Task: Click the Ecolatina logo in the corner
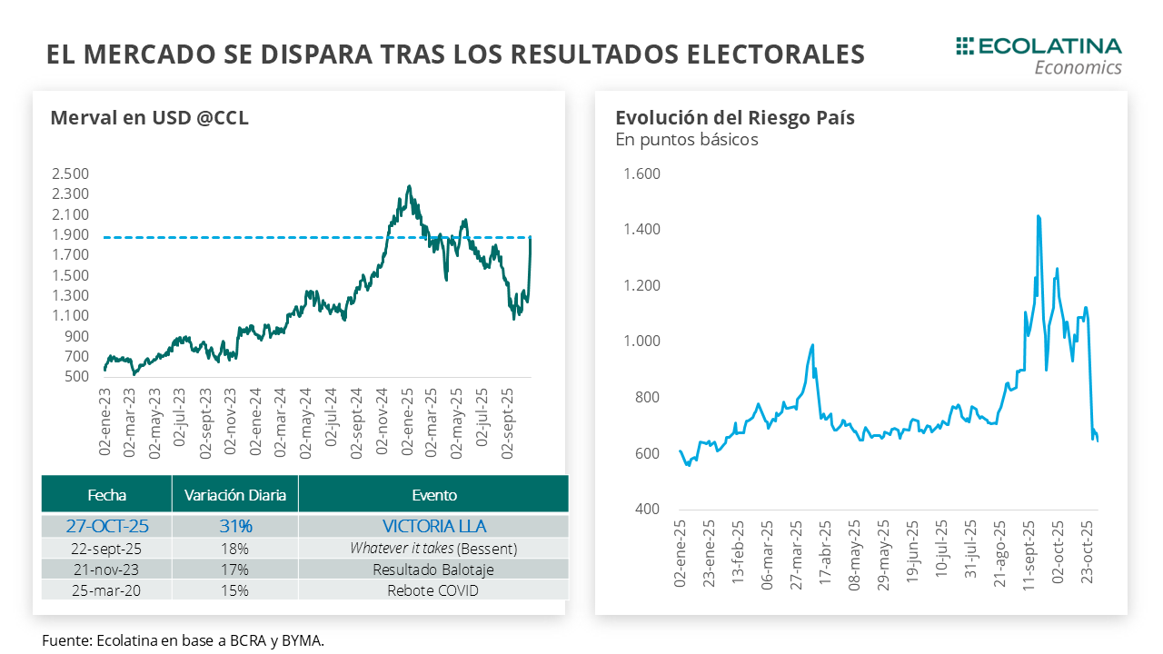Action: (1039, 55)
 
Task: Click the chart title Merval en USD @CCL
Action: (149, 118)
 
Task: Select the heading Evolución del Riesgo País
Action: (734, 118)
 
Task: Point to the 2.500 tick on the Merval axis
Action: (70, 173)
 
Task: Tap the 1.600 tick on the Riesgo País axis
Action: (641, 173)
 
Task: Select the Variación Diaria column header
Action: (234, 495)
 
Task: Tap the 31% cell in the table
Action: (234, 526)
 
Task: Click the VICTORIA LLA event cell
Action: (433, 526)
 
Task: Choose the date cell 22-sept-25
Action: (106, 549)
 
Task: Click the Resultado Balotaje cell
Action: (433, 570)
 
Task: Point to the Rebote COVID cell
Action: (433, 591)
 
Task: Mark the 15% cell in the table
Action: (234, 591)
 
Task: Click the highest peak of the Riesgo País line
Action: (1038, 216)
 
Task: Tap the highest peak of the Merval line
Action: (409, 186)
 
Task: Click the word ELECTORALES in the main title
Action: (773, 54)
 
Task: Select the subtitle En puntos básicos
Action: (686, 140)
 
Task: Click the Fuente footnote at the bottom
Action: (183, 640)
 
